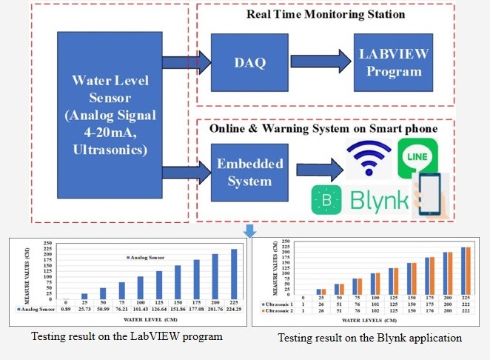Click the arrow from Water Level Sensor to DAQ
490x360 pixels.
pos(185,63)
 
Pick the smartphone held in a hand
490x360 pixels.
pos(431,196)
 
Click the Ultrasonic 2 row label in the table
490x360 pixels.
pos(277,310)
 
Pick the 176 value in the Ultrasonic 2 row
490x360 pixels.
pos(431,310)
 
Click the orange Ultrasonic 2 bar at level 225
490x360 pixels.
pos(467,273)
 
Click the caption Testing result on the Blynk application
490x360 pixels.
pos(371,338)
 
